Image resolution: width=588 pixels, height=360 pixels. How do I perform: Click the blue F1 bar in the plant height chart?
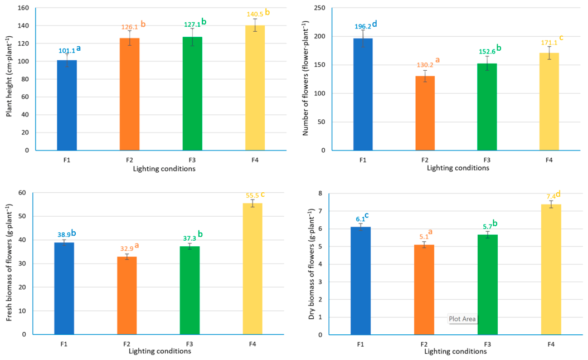point(67,105)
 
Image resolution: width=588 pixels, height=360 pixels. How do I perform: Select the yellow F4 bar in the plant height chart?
point(255,87)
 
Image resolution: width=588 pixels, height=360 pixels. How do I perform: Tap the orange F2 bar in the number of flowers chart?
point(425,113)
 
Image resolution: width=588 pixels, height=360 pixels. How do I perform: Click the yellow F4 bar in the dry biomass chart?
point(551,270)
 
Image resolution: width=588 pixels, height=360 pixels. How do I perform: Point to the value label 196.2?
point(363,27)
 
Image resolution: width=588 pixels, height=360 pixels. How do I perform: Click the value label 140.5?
point(255,14)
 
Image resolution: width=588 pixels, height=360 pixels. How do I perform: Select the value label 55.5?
point(252,196)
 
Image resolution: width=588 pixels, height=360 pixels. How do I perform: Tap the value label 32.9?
point(127,249)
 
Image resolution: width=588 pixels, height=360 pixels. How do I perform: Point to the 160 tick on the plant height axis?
point(23,8)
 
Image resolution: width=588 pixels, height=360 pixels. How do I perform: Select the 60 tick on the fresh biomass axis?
point(22,193)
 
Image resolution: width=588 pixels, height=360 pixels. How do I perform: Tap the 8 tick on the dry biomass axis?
point(320,193)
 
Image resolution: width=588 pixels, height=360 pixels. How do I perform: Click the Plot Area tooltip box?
point(463,319)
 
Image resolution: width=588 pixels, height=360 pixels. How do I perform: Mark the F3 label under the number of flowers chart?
point(487,160)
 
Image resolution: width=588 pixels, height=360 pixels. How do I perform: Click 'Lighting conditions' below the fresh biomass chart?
point(160,352)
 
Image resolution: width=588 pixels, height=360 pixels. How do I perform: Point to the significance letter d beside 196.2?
point(374,23)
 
